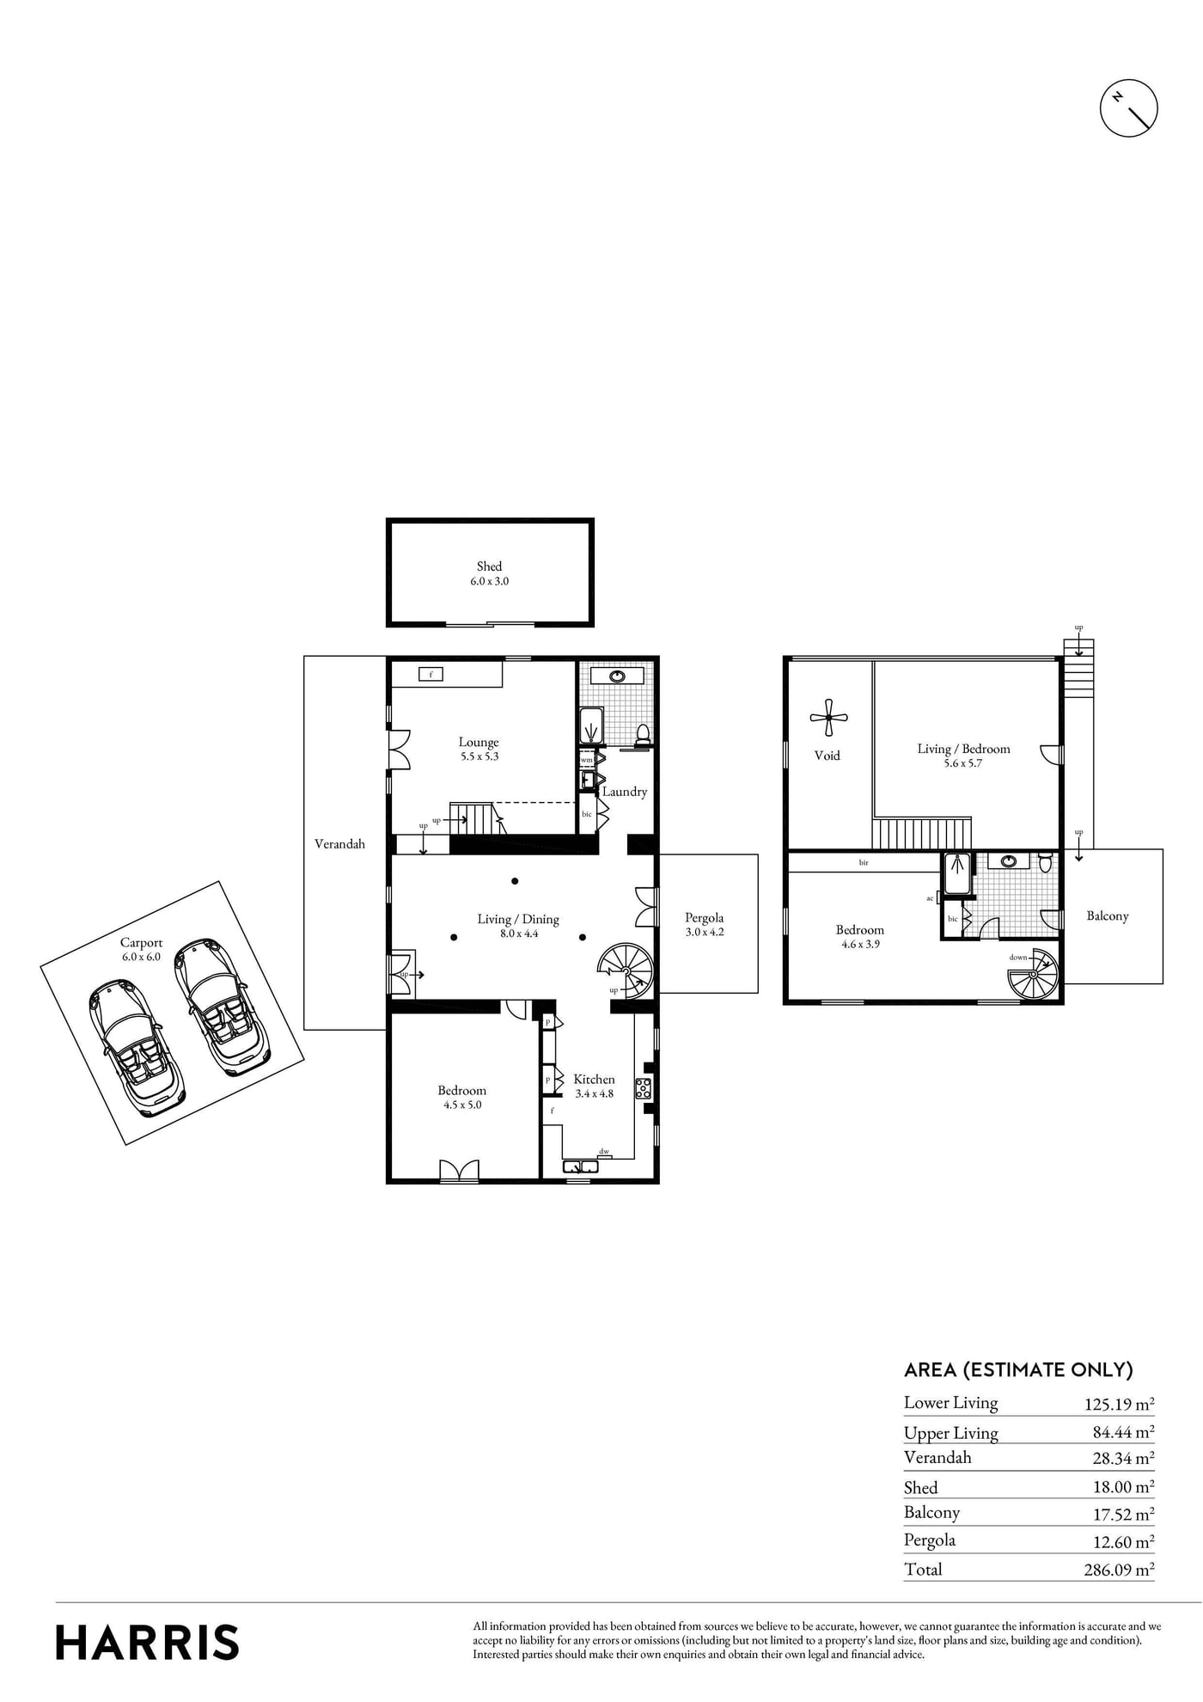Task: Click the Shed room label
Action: (x=489, y=566)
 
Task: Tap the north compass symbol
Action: (x=1129, y=108)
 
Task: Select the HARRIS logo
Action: (x=147, y=1642)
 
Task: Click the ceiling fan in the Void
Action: (x=828, y=717)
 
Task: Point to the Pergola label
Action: (x=704, y=918)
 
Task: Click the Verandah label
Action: (x=339, y=844)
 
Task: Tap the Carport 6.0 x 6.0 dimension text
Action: (x=141, y=957)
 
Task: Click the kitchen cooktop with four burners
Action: (x=643, y=1088)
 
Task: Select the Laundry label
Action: (x=625, y=792)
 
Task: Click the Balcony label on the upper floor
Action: (x=1108, y=916)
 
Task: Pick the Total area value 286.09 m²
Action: (x=1119, y=1570)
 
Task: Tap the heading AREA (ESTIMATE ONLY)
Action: (x=1018, y=1369)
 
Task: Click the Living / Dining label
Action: (x=518, y=920)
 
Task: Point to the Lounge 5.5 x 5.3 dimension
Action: (x=479, y=757)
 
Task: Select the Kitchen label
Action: (x=594, y=1080)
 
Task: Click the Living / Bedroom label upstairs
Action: (x=963, y=750)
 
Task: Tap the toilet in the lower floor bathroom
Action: (x=642, y=733)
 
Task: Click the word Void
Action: (x=827, y=756)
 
